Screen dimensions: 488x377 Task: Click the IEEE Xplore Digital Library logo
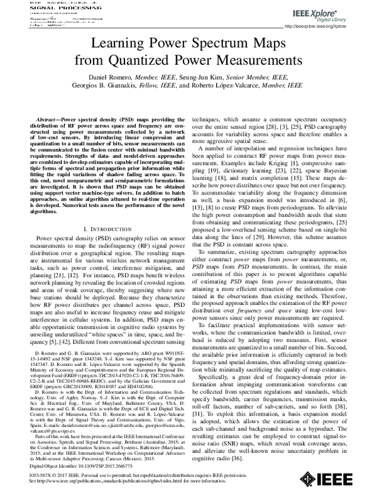click(x=336, y=14)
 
